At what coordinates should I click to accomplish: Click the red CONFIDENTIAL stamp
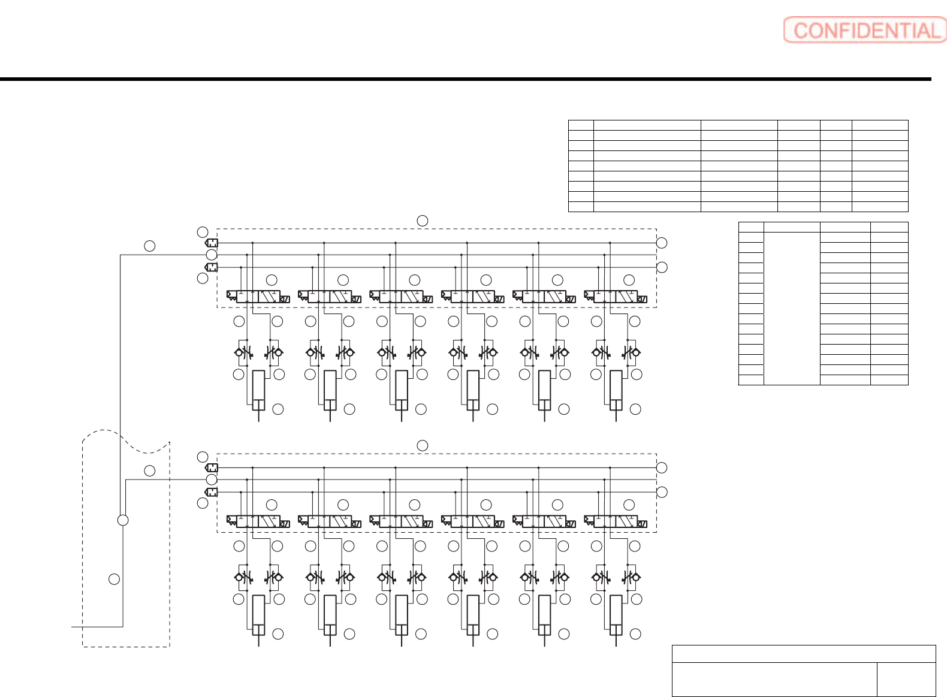(x=865, y=30)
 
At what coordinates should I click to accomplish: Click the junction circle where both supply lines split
(x=123, y=520)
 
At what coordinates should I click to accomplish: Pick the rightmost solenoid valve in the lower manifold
(x=616, y=521)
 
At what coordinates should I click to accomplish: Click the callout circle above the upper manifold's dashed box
(x=423, y=221)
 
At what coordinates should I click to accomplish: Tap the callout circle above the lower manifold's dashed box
(x=423, y=445)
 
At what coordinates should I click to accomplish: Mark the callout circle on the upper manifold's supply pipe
(x=150, y=246)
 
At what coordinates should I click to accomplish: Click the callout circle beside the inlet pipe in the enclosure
(x=114, y=579)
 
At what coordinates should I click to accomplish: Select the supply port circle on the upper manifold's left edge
(x=212, y=255)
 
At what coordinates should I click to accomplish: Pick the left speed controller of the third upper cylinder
(x=387, y=352)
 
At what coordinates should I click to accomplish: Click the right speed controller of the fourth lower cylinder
(x=487, y=577)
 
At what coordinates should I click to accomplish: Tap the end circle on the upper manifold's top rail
(x=662, y=243)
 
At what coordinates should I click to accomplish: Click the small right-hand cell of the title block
(x=906, y=679)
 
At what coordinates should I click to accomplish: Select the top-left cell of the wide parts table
(x=581, y=125)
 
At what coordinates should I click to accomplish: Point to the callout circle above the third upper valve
(x=415, y=280)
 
